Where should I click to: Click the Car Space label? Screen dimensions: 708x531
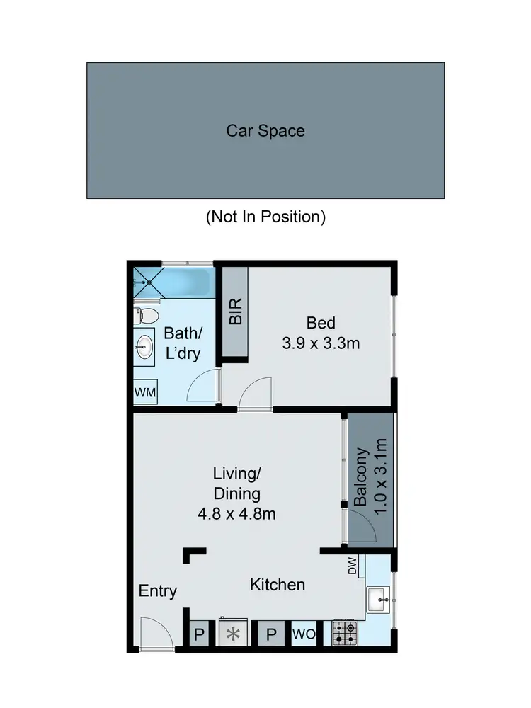click(x=265, y=131)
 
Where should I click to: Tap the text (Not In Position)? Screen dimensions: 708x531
click(x=265, y=217)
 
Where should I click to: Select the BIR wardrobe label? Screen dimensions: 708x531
click(x=236, y=312)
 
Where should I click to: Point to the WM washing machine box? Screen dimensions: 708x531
click(x=147, y=392)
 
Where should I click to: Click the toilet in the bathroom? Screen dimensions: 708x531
click(x=147, y=314)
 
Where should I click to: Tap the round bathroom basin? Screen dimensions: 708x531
click(x=144, y=346)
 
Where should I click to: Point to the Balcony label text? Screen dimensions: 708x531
click(x=361, y=476)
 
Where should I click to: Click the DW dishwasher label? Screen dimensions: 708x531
click(x=353, y=566)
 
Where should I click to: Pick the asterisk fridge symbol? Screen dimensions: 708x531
click(x=231, y=634)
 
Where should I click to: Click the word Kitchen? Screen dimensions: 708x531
click(x=278, y=585)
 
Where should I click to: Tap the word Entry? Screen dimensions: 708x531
click(x=157, y=591)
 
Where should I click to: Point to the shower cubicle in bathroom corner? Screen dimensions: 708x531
click(x=148, y=282)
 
